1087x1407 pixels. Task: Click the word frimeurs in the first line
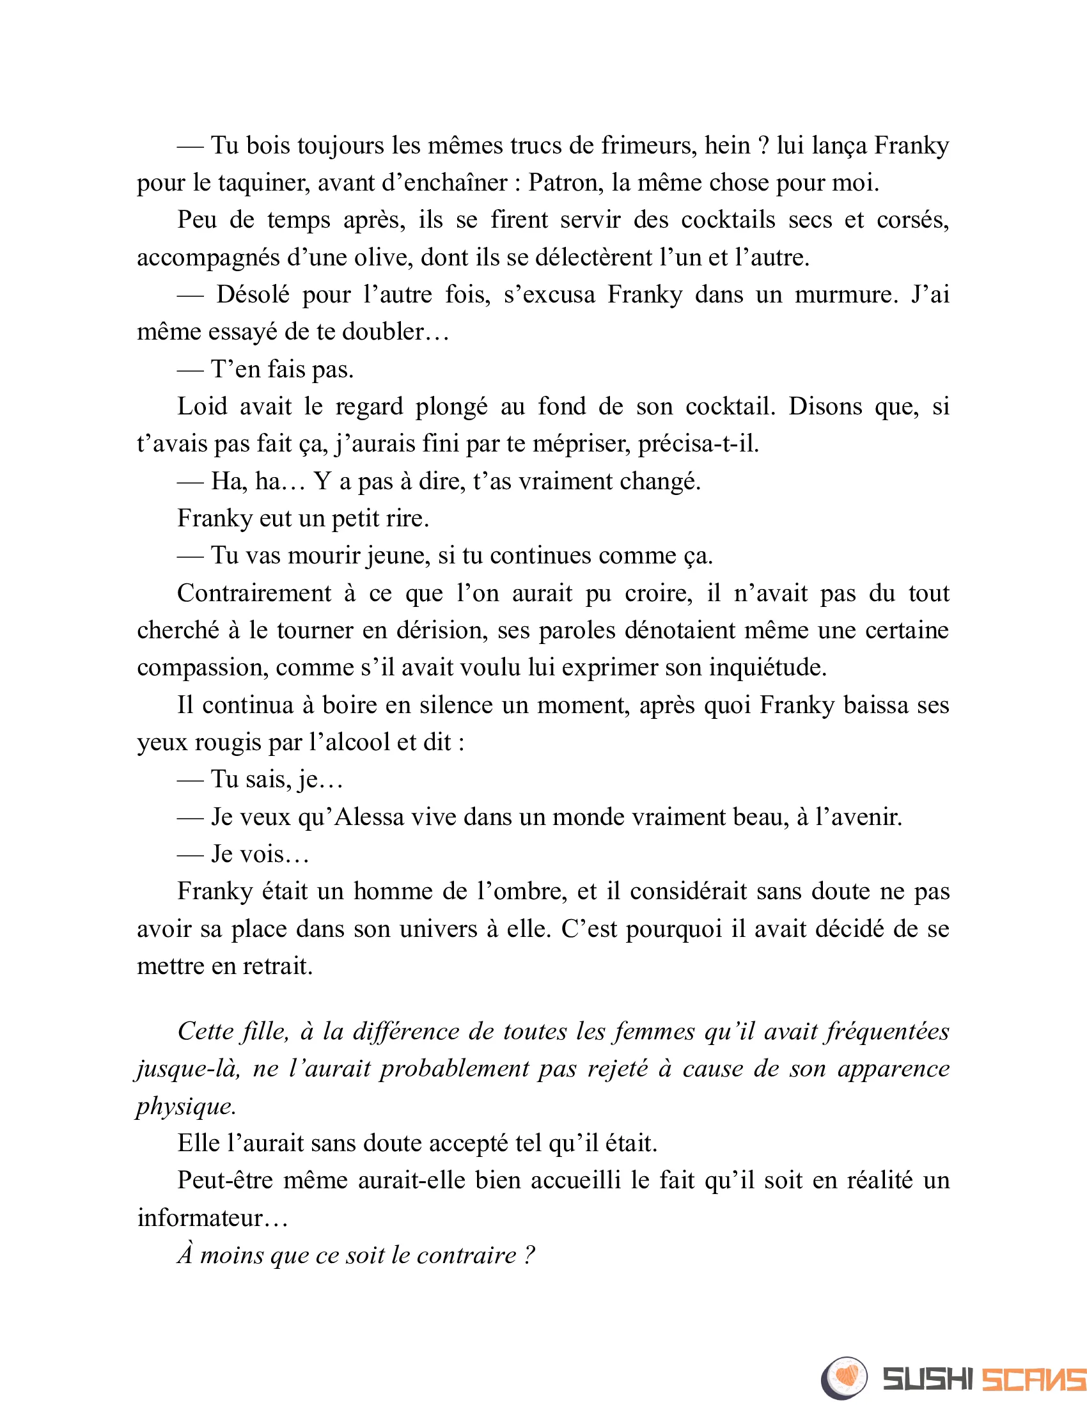tap(648, 146)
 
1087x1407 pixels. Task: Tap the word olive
tap(383, 258)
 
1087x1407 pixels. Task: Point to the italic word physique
tap(185, 1106)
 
